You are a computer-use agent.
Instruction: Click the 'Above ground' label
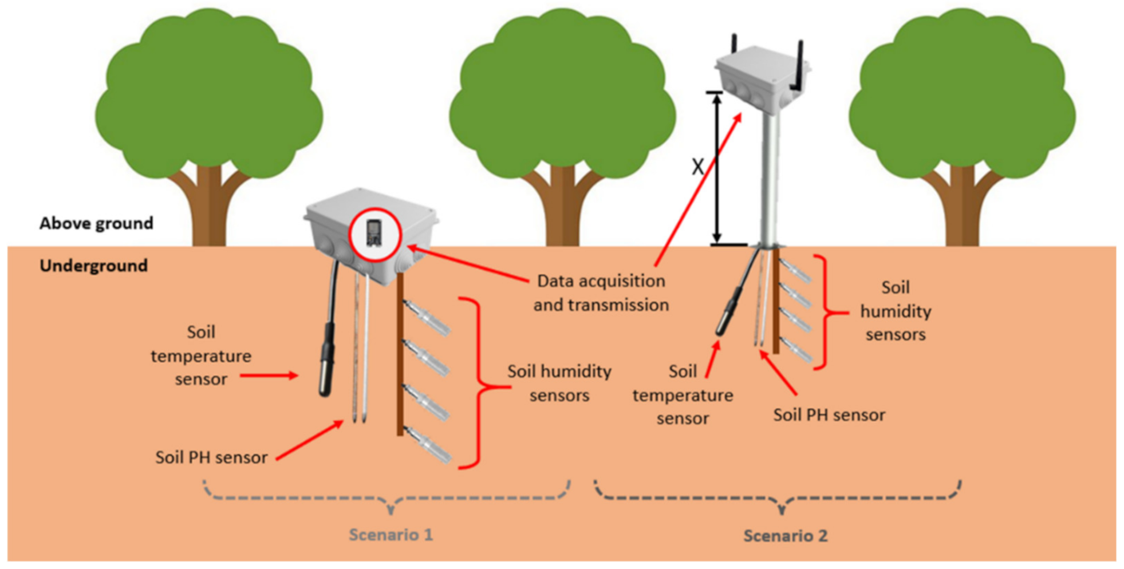tap(96, 223)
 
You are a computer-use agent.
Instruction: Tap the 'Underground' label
tap(93, 266)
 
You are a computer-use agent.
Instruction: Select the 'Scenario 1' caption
tap(391, 535)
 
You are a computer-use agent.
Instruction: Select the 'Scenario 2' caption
tap(785, 536)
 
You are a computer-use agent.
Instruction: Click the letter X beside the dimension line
tap(697, 167)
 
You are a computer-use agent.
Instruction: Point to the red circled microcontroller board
tap(374, 234)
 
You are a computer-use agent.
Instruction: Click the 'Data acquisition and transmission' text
tap(601, 293)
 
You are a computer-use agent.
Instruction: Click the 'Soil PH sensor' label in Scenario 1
tap(211, 457)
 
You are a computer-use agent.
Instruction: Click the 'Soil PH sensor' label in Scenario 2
tap(829, 415)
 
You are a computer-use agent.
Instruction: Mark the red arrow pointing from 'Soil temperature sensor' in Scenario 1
tap(269, 376)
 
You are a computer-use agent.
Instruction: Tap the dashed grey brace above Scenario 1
tap(387, 497)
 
